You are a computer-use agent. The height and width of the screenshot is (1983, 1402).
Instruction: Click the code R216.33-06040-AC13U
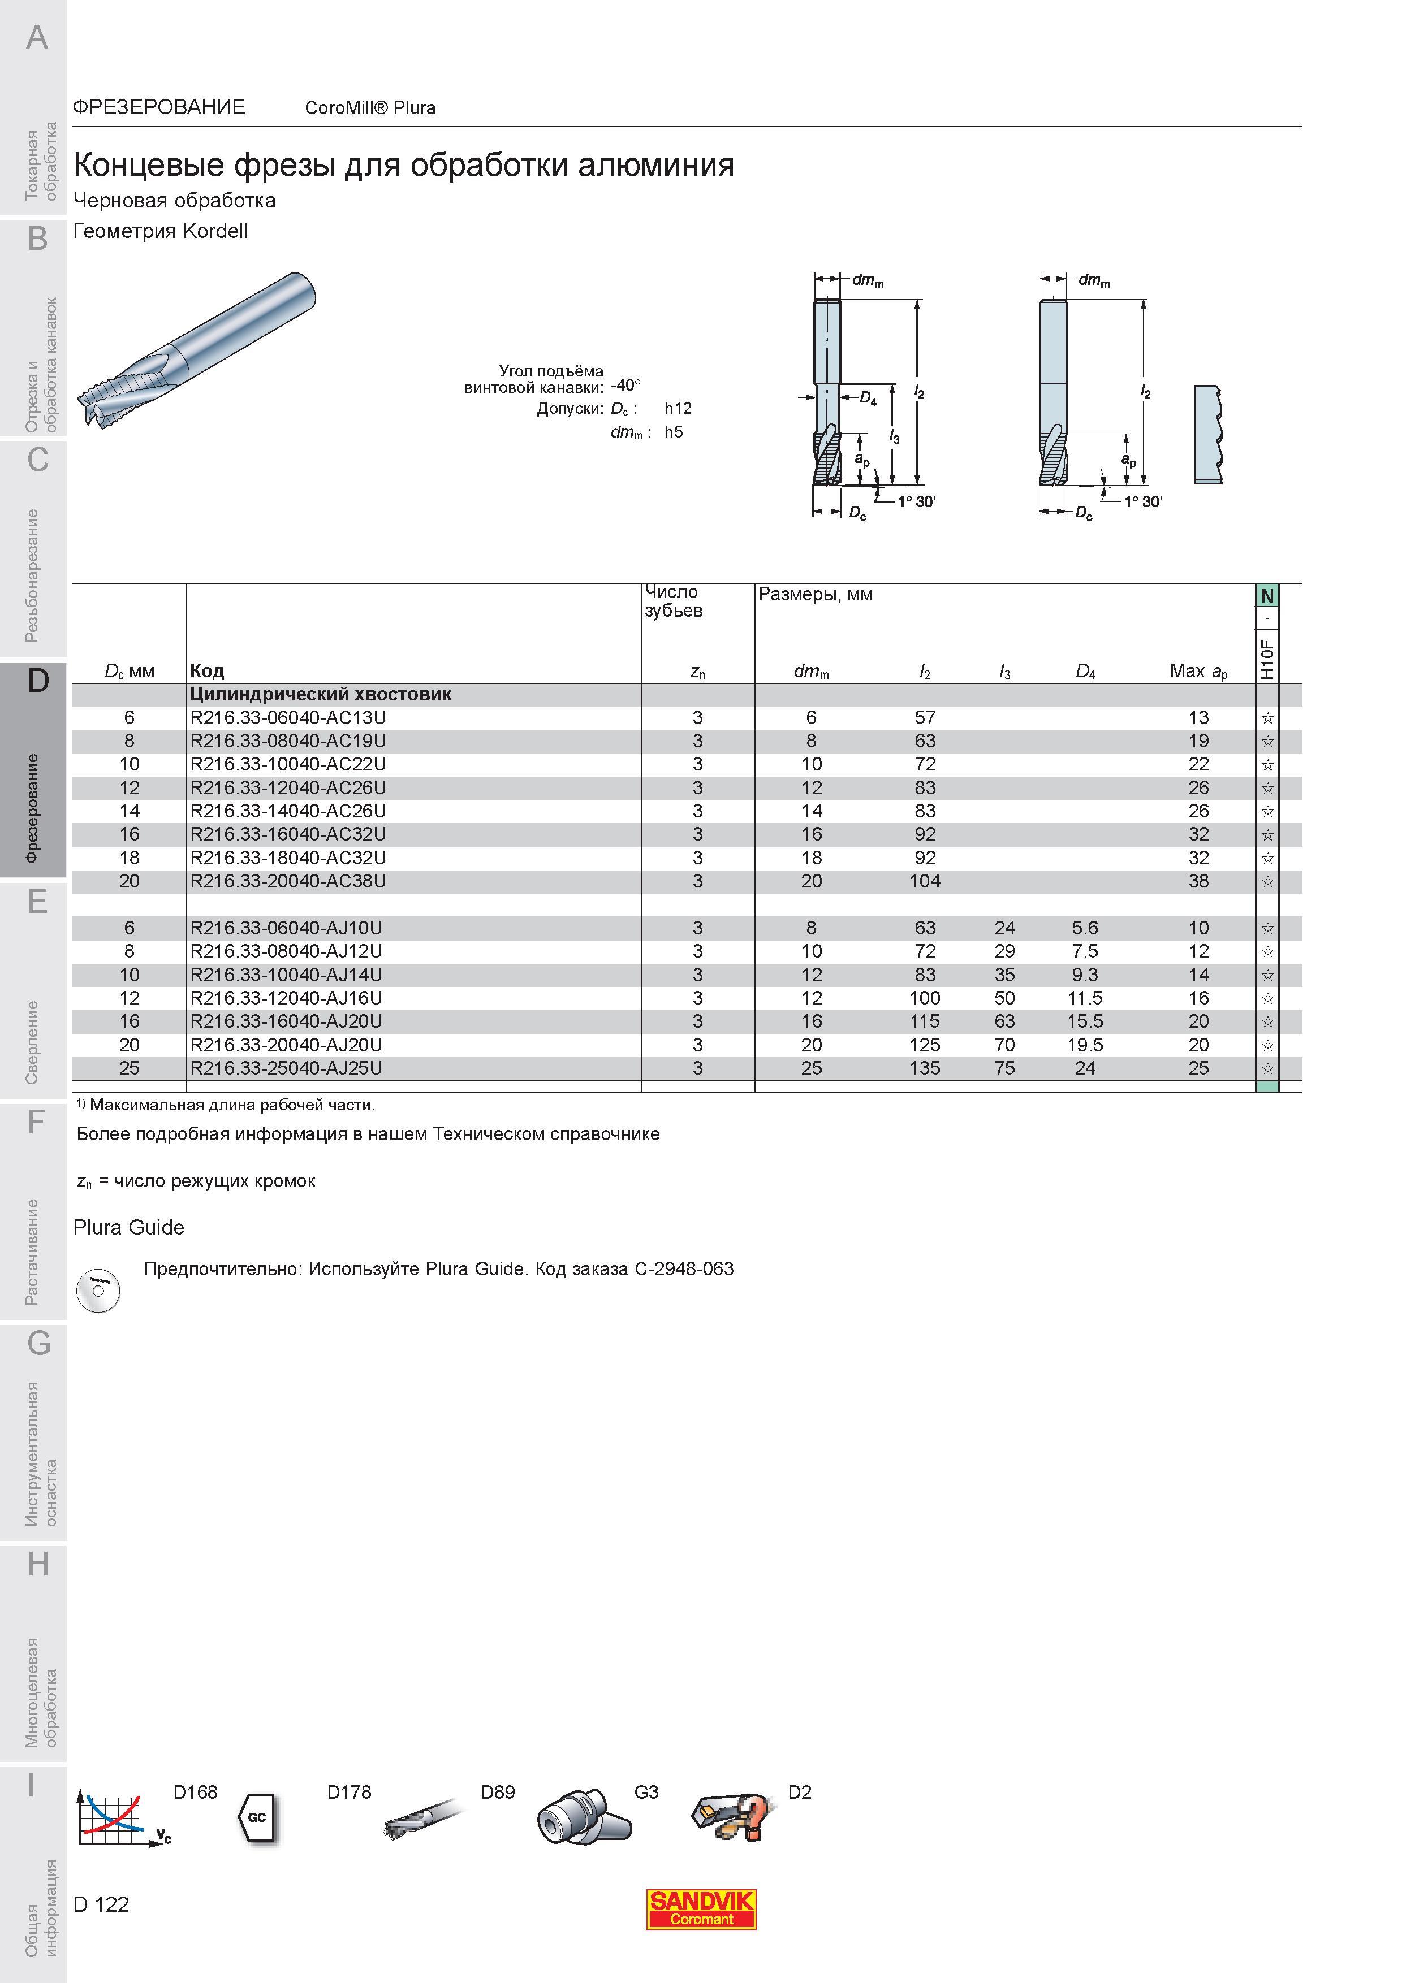288,718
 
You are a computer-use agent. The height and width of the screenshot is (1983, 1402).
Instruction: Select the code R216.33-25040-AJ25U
286,1068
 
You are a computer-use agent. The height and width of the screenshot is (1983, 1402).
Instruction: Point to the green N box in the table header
1267,596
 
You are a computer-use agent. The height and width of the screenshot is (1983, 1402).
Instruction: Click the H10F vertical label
1267,659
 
